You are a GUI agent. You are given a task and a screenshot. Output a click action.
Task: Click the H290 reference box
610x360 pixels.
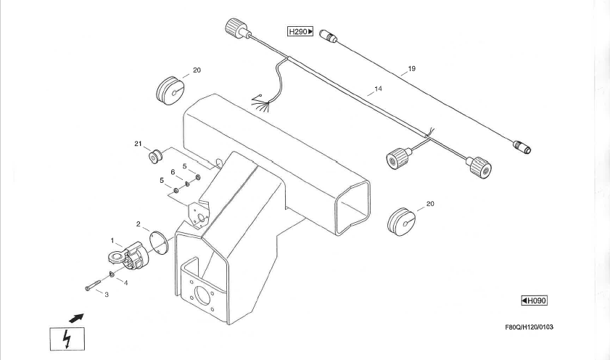click(x=300, y=31)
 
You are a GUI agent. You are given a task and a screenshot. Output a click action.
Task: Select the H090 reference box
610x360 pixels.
click(x=534, y=300)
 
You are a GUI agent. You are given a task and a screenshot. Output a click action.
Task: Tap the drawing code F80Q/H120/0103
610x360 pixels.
click(x=529, y=327)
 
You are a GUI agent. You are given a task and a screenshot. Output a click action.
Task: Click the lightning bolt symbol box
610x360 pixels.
click(x=67, y=339)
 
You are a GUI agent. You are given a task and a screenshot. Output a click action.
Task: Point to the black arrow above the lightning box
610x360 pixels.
click(x=76, y=318)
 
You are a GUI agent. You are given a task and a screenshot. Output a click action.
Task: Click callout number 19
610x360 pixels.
click(x=411, y=69)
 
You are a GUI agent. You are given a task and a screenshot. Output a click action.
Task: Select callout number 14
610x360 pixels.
click(x=378, y=89)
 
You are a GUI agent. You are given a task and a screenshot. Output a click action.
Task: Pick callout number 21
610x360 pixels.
click(x=138, y=144)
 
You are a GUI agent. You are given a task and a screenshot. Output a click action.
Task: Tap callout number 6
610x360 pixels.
click(x=173, y=172)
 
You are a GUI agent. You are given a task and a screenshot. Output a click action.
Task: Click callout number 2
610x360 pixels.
click(x=138, y=224)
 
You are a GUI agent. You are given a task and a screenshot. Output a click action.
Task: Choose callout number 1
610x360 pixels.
click(x=112, y=240)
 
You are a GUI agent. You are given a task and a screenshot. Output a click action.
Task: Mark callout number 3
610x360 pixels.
click(x=107, y=295)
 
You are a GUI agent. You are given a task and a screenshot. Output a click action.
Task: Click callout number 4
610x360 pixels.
click(x=125, y=283)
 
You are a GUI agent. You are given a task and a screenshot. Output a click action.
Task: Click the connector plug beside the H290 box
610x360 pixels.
click(x=329, y=36)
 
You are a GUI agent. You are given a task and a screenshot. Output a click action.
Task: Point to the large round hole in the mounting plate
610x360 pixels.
click(x=202, y=295)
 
